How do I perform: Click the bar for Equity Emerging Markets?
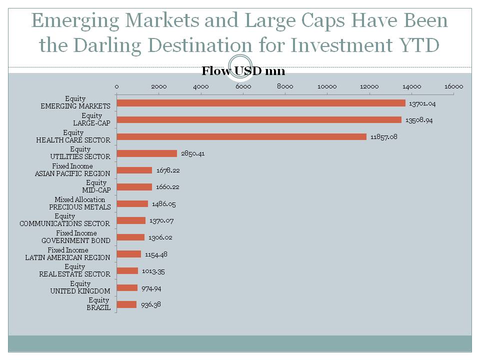[261, 103]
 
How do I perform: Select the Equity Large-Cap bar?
[259, 119]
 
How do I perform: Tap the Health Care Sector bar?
[241, 136]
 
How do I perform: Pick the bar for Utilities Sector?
[147, 153]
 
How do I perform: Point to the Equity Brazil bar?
[126, 304]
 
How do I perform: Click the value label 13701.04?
[423, 103]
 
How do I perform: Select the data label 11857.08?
[384, 136]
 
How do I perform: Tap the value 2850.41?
[193, 153]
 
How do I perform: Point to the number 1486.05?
[164, 204]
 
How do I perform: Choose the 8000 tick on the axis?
[285, 86]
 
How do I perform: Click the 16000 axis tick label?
[453, 86]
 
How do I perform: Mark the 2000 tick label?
[158, 86]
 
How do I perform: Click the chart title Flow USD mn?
[243, 71]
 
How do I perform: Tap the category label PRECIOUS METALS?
[80, 207]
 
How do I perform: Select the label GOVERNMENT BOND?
[76, 240]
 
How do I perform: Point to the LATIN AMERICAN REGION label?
[68, 257]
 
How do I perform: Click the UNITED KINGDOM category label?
[80, 291]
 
